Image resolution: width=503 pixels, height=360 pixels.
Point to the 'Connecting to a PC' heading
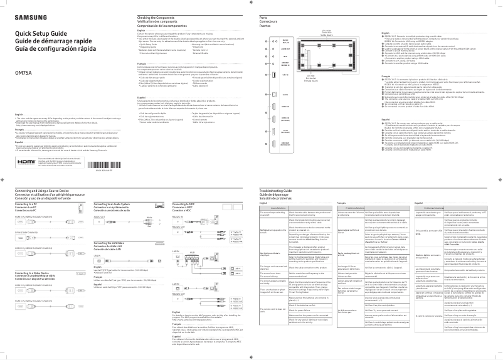(28, 204)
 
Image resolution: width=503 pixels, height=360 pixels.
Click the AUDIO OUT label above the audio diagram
(99, 216)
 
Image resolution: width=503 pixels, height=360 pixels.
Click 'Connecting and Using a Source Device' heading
(50, 189)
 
